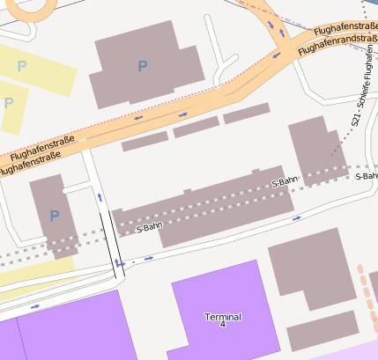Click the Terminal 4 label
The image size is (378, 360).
click(223, 320)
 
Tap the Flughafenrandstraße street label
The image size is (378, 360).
click(337, 43)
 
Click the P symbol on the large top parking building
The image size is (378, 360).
click(143, 66)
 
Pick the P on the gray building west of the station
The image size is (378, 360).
click(54, 216)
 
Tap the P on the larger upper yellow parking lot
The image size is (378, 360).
click(22, 67)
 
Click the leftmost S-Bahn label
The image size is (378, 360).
click(150, 227)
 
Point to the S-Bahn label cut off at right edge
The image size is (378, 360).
click(367, 176)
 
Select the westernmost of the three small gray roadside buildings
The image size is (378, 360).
click(145, 141)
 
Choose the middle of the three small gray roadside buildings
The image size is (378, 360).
click(196, 127)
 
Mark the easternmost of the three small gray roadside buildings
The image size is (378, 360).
click(246, 113)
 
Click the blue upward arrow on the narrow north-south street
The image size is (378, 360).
click(100, 197)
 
